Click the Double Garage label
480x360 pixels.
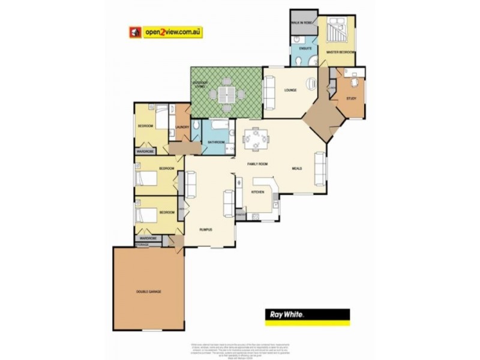click(x=148, y=292)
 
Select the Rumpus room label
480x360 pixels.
click(x=206, y=230)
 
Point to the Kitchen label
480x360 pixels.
click(x=257, y=192)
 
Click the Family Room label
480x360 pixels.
click(x=258, y=164)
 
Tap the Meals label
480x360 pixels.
click(x=296, y=169)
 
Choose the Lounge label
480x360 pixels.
click(x=291, y=91)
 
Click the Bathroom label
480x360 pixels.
click(x=216, y=142)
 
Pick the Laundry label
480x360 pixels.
click(x=183, y=127)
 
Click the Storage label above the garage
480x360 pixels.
click(x=142, y=245)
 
